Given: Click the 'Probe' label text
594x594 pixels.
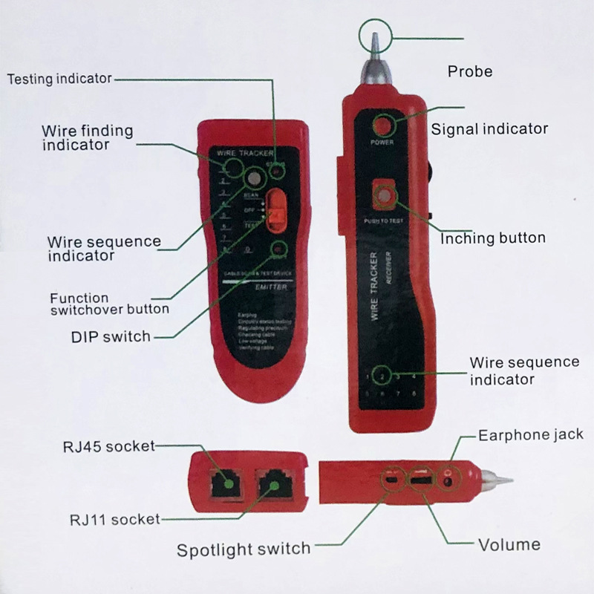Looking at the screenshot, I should pos(470,72).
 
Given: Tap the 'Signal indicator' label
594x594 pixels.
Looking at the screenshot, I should pos(489,128).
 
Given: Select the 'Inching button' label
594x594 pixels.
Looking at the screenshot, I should pos(493,238).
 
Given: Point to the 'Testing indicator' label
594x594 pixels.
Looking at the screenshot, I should pos(59,78).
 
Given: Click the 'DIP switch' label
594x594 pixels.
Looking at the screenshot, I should pos(111,336).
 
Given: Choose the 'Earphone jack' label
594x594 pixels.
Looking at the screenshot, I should pos(530,434).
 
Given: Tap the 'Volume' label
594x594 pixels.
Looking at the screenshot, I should pos(509,545).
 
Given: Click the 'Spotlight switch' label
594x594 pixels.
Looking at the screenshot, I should pos(244,549).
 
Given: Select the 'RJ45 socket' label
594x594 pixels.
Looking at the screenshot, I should pos(109,446).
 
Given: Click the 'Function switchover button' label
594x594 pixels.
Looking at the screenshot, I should pos(109,303).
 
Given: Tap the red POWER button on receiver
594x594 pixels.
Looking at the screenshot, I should pos(384,124).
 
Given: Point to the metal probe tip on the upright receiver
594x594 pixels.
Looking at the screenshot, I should pos(373,45).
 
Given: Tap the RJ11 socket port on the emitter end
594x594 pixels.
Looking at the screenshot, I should pos(275,486).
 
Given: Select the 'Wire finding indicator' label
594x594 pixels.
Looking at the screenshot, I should pos(87,137).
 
